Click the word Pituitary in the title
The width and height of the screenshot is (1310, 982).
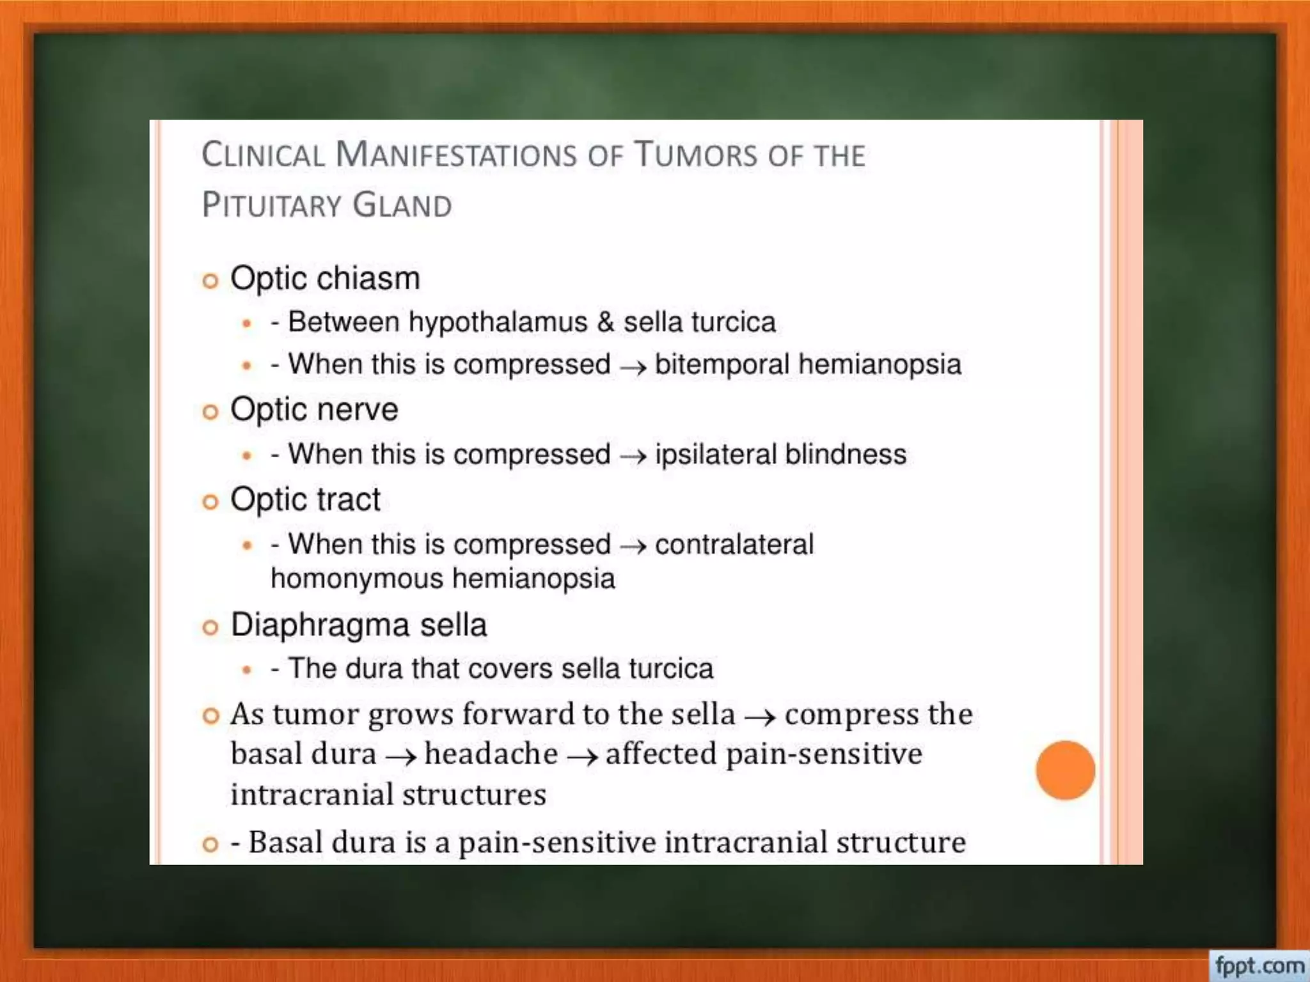[272, 206]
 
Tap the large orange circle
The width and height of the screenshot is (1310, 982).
[1065, 770]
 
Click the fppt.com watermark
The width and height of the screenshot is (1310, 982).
[1259, 965]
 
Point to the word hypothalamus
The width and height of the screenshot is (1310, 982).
[498, 322]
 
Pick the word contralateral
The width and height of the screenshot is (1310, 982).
[734, 545]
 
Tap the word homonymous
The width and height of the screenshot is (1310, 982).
[356, 579]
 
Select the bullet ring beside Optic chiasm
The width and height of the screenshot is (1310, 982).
[210, 281]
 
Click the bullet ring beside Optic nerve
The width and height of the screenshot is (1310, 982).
[210, 412]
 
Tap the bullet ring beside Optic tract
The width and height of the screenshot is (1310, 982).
[210, 502]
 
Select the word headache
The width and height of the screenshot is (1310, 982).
[491, 754]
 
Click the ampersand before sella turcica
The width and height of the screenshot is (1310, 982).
[605, 322]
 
